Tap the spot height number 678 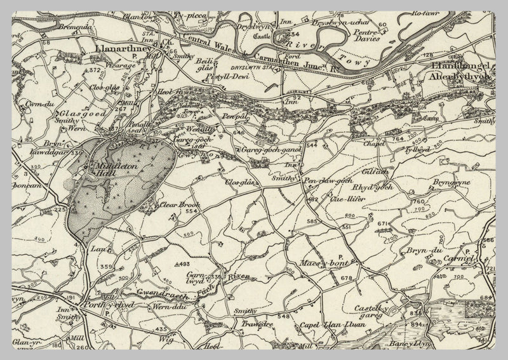345,279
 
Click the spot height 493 182,264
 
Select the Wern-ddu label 166,307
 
